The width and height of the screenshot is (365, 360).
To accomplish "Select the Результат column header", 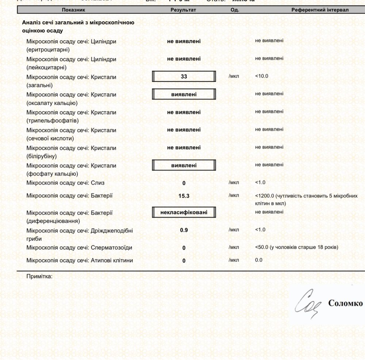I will [x=183, y=10].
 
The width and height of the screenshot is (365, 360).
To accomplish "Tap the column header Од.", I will [x=235, y=10].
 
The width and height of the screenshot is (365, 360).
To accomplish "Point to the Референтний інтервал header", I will [x=320, y=10].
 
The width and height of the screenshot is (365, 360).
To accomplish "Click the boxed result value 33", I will [x=184, y=77].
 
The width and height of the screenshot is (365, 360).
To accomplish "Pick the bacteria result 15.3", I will [x=184, y=196].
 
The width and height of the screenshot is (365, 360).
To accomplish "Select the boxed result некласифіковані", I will [x=184, y=212].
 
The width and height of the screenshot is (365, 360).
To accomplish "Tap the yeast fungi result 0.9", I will [x=184, y=230].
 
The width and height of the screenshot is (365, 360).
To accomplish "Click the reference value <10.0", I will [x=262, y=76].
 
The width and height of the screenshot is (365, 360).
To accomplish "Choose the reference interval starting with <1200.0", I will [x=306, y=199].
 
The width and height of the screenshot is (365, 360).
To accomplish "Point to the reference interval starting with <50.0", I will [x=296, y=247].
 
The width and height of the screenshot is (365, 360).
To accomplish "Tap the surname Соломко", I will [x=345, y=303].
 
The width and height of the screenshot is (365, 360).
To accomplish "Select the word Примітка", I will [x=39, y=276].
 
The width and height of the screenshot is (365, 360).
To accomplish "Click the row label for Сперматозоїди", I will [x=79, y=248].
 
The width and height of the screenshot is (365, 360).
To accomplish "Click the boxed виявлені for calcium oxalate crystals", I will [x=184, y=94].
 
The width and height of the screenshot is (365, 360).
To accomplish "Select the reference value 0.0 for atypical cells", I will [x=258, y=260].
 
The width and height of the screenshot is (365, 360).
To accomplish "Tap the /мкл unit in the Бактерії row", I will [x=234, y=196].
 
